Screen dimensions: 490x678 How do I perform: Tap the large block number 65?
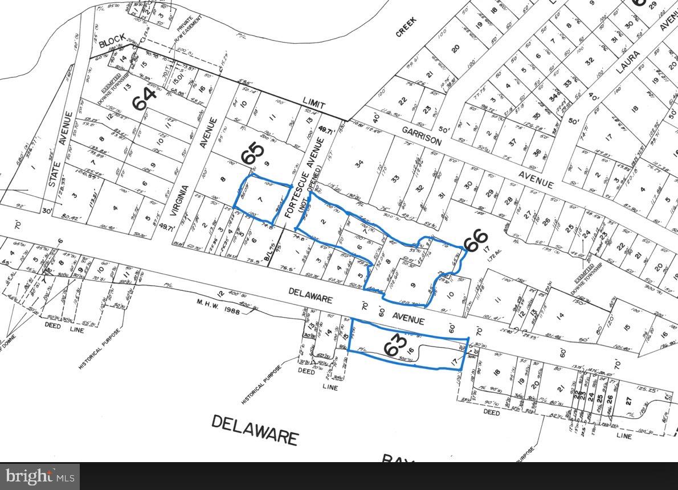tap(255, 154)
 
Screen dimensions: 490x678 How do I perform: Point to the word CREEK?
tap(407, 27)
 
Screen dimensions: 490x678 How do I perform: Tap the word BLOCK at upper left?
tap(111, 43)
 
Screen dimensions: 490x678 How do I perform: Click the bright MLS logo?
tap(39, 476)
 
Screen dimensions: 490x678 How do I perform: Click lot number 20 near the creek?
tap(455, 49)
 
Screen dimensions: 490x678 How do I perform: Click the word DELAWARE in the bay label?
tap(255, 429)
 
